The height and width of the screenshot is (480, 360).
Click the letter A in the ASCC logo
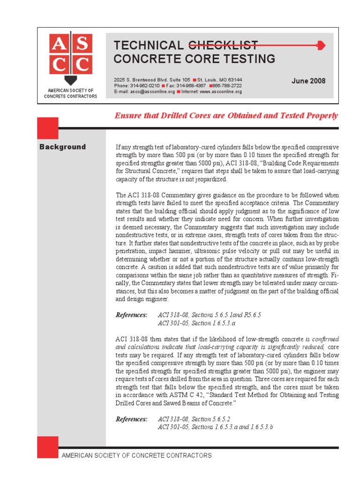(59, 45)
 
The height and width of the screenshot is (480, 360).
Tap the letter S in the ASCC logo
(81, 45)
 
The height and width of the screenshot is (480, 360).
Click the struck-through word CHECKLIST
(223, 45)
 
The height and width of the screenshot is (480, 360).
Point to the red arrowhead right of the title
(321, 45)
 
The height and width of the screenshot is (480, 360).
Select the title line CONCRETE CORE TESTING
(195, 59)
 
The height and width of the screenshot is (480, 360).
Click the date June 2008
(308, 81)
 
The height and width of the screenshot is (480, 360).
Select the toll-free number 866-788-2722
(227, 86)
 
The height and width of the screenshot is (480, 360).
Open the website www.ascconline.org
(220, 92)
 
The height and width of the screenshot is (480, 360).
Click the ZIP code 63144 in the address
(234, 80)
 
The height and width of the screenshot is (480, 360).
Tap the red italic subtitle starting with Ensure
(226, 116)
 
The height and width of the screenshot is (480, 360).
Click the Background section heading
(63, 147)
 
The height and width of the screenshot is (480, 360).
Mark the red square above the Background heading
(48, 128)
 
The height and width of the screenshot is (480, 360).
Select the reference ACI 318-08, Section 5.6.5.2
(194, 419)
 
